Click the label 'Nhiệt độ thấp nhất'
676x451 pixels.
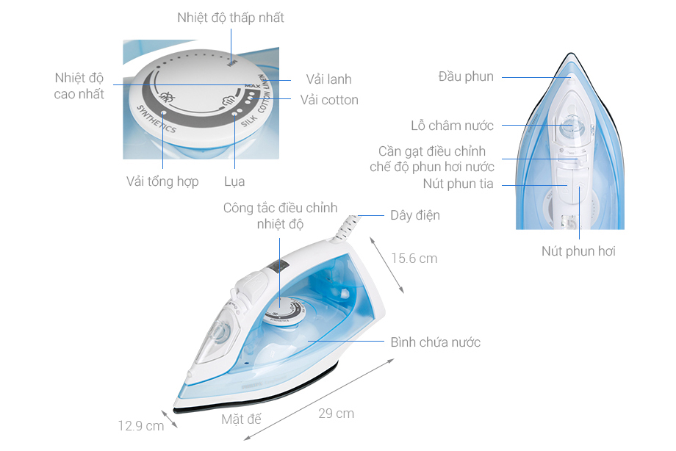230,18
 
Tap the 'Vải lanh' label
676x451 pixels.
328,79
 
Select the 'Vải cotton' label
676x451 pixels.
329,100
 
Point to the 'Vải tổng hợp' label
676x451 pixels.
162,181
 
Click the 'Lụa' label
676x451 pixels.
234,181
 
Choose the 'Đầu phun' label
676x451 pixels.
466,76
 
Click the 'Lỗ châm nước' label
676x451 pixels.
452,126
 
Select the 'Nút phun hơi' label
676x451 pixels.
578,251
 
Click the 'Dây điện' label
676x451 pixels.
415,215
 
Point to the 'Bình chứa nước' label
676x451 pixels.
436,342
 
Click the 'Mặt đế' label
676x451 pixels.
241,419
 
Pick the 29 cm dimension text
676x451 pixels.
336,414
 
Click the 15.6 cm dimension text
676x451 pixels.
414,259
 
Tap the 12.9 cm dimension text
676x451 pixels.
141,425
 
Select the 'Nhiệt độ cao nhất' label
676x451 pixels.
79,86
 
